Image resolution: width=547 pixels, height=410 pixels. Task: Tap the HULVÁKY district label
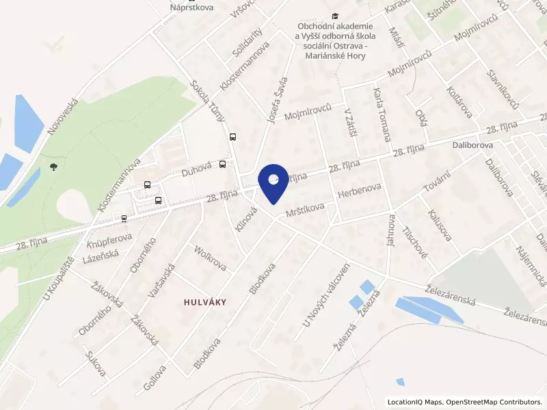point(204,301)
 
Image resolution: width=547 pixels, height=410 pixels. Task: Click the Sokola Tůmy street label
point(207,102)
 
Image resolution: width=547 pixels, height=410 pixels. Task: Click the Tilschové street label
point(415,243)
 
